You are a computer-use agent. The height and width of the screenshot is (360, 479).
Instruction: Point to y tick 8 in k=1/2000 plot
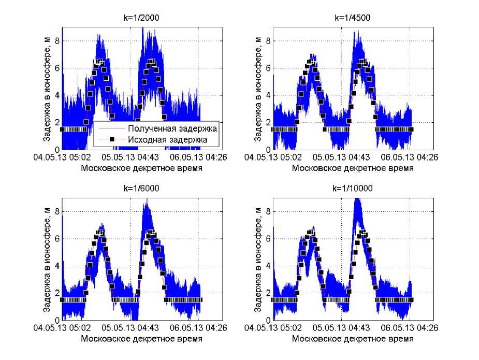pyautogui.click(x=58, y=41)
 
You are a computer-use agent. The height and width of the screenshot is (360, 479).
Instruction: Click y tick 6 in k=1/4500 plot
pyautogui.click(x=267, y=68)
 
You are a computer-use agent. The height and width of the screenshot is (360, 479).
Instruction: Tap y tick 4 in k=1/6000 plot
pyautogui.click(x=58, y=266)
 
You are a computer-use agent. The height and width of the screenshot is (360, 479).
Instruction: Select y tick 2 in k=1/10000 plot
pyautogui.click(x=267, y=293)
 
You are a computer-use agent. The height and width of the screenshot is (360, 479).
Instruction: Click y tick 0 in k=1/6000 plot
pyautogui.click(x=58, y=320)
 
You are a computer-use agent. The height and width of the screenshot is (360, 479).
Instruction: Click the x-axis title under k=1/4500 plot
pyautogui.click(x=353, y=168)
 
